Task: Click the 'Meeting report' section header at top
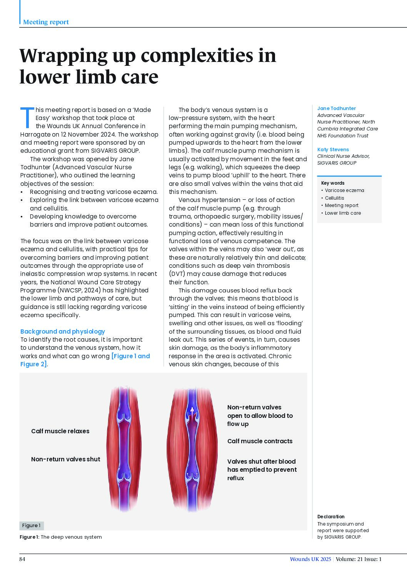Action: [x=46, y=22]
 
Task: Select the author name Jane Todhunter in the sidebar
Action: [x=336, y=109]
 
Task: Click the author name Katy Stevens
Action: [x=333, y=150]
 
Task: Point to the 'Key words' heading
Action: [x=333, y=183]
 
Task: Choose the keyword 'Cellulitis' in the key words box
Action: [x=334, y=198]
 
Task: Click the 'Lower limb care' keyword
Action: [x=343, y=213]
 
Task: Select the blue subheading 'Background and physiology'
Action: [x=62, y=331]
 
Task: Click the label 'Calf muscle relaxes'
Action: [x=60, y=431]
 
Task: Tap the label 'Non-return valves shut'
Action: [x=65, y=459]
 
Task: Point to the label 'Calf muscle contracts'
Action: [x=260, y=441]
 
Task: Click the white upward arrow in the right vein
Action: [x=192, y=412]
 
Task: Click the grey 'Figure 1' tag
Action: [x=31, y=526]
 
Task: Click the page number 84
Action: [x=22, y=559]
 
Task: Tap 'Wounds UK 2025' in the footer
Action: [x=310, y=559]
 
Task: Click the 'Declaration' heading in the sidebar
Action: [x=331, y=517]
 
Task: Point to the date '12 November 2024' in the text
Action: [x=88, y=134]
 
